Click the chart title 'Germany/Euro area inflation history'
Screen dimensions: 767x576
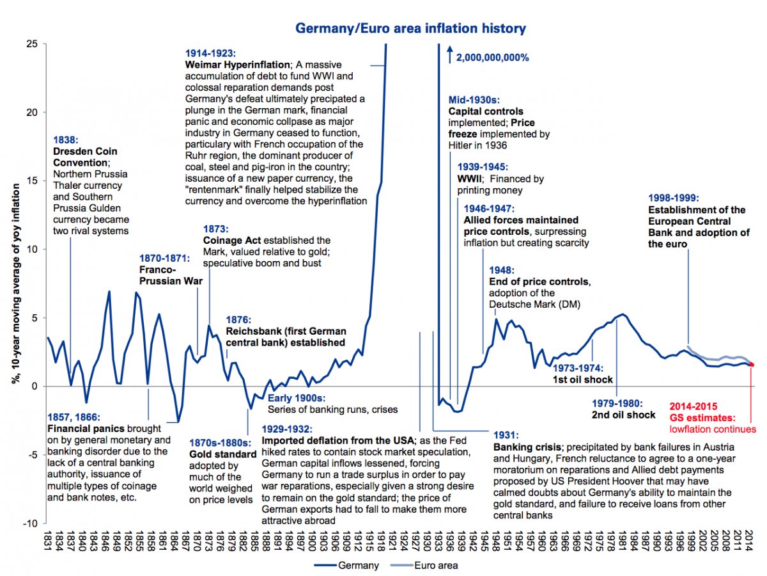(410, 28)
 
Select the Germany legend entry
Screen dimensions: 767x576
(346, 565)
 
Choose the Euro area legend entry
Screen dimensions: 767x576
(424, 565)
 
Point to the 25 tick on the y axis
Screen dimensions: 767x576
(32, 44)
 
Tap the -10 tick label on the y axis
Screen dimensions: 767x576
(30, 524)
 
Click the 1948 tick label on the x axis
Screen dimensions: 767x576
(495, 541)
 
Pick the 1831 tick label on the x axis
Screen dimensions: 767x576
(47, 541)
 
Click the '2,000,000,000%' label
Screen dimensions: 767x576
(492, 58)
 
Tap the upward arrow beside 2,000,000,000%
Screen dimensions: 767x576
(450, 54)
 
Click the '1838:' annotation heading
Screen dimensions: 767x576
(66, 140)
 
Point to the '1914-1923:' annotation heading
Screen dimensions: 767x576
(210, 53)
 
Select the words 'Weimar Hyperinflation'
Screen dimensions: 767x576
(238, 65)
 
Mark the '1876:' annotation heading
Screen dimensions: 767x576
(238, 319)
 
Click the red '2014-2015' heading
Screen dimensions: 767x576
(693, 406)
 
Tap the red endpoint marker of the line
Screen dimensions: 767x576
(752, 365)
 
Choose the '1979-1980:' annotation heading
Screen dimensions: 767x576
(617, 403)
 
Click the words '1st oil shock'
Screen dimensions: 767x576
(582, 380)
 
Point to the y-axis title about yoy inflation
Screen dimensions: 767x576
(16, 284)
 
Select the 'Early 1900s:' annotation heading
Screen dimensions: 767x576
(297, 398)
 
